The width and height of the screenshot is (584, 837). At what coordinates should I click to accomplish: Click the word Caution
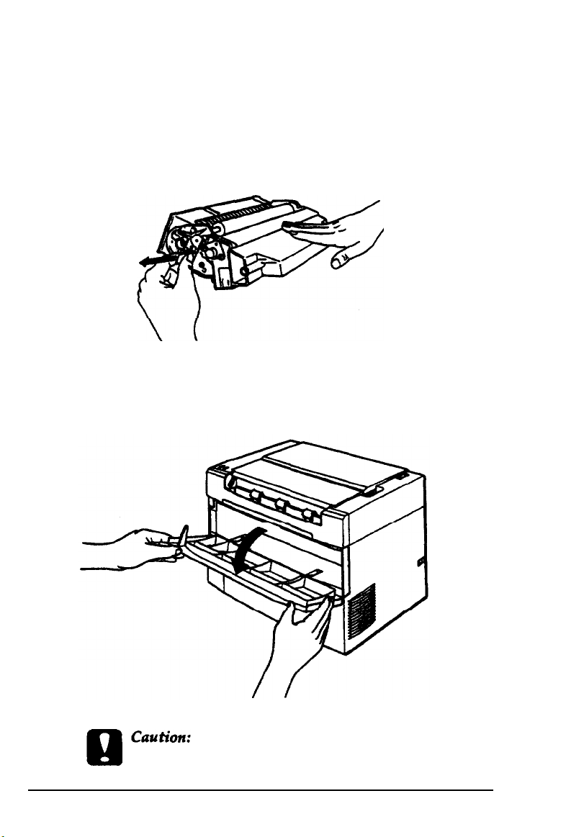(x=161, y=737)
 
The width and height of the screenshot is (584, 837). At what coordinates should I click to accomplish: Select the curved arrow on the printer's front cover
(x=250, y=551)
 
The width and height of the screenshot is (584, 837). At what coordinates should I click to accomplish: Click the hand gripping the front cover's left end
(x=133, y=550)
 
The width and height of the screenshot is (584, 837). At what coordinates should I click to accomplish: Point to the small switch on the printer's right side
(x=419, y=561)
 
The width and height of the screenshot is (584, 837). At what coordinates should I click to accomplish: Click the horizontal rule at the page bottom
(x=261, y=790)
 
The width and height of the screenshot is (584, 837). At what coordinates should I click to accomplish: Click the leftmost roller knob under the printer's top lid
(x=256, y=497)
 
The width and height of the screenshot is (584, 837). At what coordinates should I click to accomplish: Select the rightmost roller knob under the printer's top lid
(x=307, y=514)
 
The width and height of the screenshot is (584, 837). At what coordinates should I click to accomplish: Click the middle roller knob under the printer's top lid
(x=279, y=505)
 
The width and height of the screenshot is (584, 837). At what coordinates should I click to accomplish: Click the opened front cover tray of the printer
(x=256, y=571)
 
